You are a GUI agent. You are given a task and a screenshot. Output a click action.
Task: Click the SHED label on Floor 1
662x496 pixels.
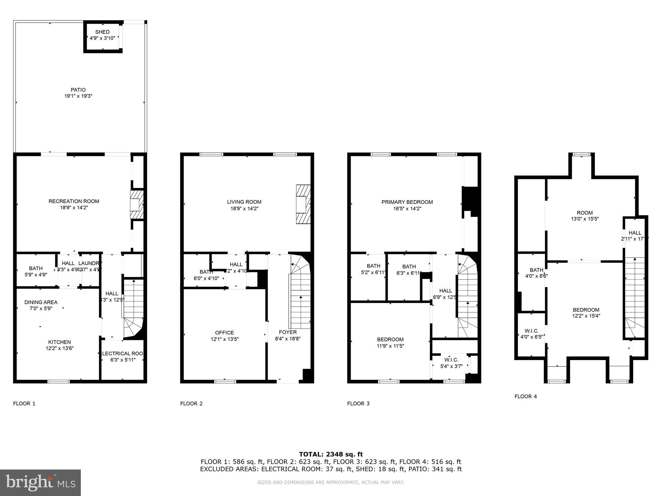(102, 32)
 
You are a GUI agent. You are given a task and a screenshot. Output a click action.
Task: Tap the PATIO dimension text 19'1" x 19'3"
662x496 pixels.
(78, 96)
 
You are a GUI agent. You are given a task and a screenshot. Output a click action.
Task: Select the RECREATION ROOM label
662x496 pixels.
(74, 201)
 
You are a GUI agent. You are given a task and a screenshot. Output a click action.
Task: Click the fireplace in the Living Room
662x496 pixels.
(303, 204)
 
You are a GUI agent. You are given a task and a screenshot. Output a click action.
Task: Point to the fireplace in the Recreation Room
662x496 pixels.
(136, 205)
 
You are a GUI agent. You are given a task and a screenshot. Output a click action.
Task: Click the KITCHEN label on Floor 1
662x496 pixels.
(59, 342)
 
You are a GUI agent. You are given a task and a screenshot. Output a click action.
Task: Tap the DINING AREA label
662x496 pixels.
(41, 302)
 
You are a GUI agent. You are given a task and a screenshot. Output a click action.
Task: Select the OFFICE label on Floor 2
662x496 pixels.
(224, 333)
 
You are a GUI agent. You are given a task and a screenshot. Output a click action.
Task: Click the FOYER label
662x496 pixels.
(288, 332)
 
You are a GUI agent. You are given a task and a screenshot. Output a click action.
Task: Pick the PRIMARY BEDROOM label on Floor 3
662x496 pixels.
(407, 202)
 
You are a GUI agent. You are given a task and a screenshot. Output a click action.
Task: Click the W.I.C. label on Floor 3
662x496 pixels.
(451, 360)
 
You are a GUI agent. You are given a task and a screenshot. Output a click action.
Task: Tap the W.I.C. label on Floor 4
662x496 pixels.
(531, 331)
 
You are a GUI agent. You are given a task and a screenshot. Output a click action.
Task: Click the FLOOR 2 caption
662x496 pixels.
(191, 403)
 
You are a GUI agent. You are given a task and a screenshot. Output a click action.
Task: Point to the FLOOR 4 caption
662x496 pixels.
(526, 396)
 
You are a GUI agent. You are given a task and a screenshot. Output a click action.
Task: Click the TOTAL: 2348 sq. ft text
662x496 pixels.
(331, 454)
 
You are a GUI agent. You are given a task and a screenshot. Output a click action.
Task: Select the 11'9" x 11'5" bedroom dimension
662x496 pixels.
(390, 346)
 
